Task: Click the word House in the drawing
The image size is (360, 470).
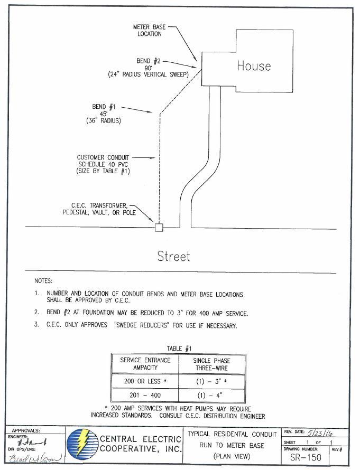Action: (254, 66)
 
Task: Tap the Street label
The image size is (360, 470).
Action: (173, 257)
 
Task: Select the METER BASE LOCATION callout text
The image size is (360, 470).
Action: (150, 30)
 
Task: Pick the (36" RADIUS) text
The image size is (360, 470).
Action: (103, 120)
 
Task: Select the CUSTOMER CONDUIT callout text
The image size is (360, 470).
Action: (103, 164)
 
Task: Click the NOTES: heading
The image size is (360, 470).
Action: (43, 281)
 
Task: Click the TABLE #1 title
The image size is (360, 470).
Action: (178, 349)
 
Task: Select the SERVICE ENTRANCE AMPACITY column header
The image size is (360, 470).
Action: (145, 364)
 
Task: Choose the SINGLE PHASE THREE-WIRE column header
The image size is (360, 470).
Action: (211, 364)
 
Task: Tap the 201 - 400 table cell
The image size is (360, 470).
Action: (145, 395)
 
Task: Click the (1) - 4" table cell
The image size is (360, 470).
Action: (211, 395)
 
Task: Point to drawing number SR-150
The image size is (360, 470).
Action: (306, 457)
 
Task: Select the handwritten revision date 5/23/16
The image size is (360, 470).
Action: (324, 433)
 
